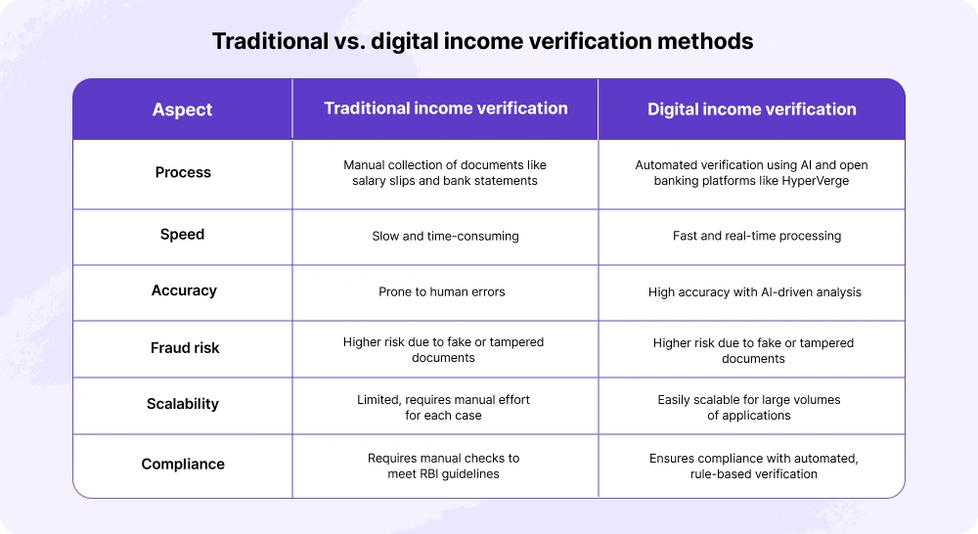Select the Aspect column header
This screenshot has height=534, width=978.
coord(182,110)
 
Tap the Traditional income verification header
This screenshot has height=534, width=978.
coord(445,109)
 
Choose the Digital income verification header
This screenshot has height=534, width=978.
coord(751,110)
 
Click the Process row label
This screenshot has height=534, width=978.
coord(183,172)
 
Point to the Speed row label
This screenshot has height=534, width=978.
coord(183,235)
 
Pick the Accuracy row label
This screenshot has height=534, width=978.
coord(184,290)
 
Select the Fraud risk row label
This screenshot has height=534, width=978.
coord(184,347)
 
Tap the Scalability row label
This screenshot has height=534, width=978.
coord(183,404)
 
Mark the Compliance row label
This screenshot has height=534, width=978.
coord(183,465)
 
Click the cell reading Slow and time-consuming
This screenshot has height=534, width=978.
coord(444,236)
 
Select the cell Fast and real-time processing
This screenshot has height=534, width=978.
coord(756,236)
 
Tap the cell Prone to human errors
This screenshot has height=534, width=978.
coord(442,291)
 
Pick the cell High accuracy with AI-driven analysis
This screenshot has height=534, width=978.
coord(754,291)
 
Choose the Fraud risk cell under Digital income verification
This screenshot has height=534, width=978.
coord(753,350)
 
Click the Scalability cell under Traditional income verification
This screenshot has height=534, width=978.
coord(444,407)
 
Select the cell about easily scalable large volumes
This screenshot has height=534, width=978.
coord(749,407)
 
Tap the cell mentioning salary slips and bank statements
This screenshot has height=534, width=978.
coord(445,173)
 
